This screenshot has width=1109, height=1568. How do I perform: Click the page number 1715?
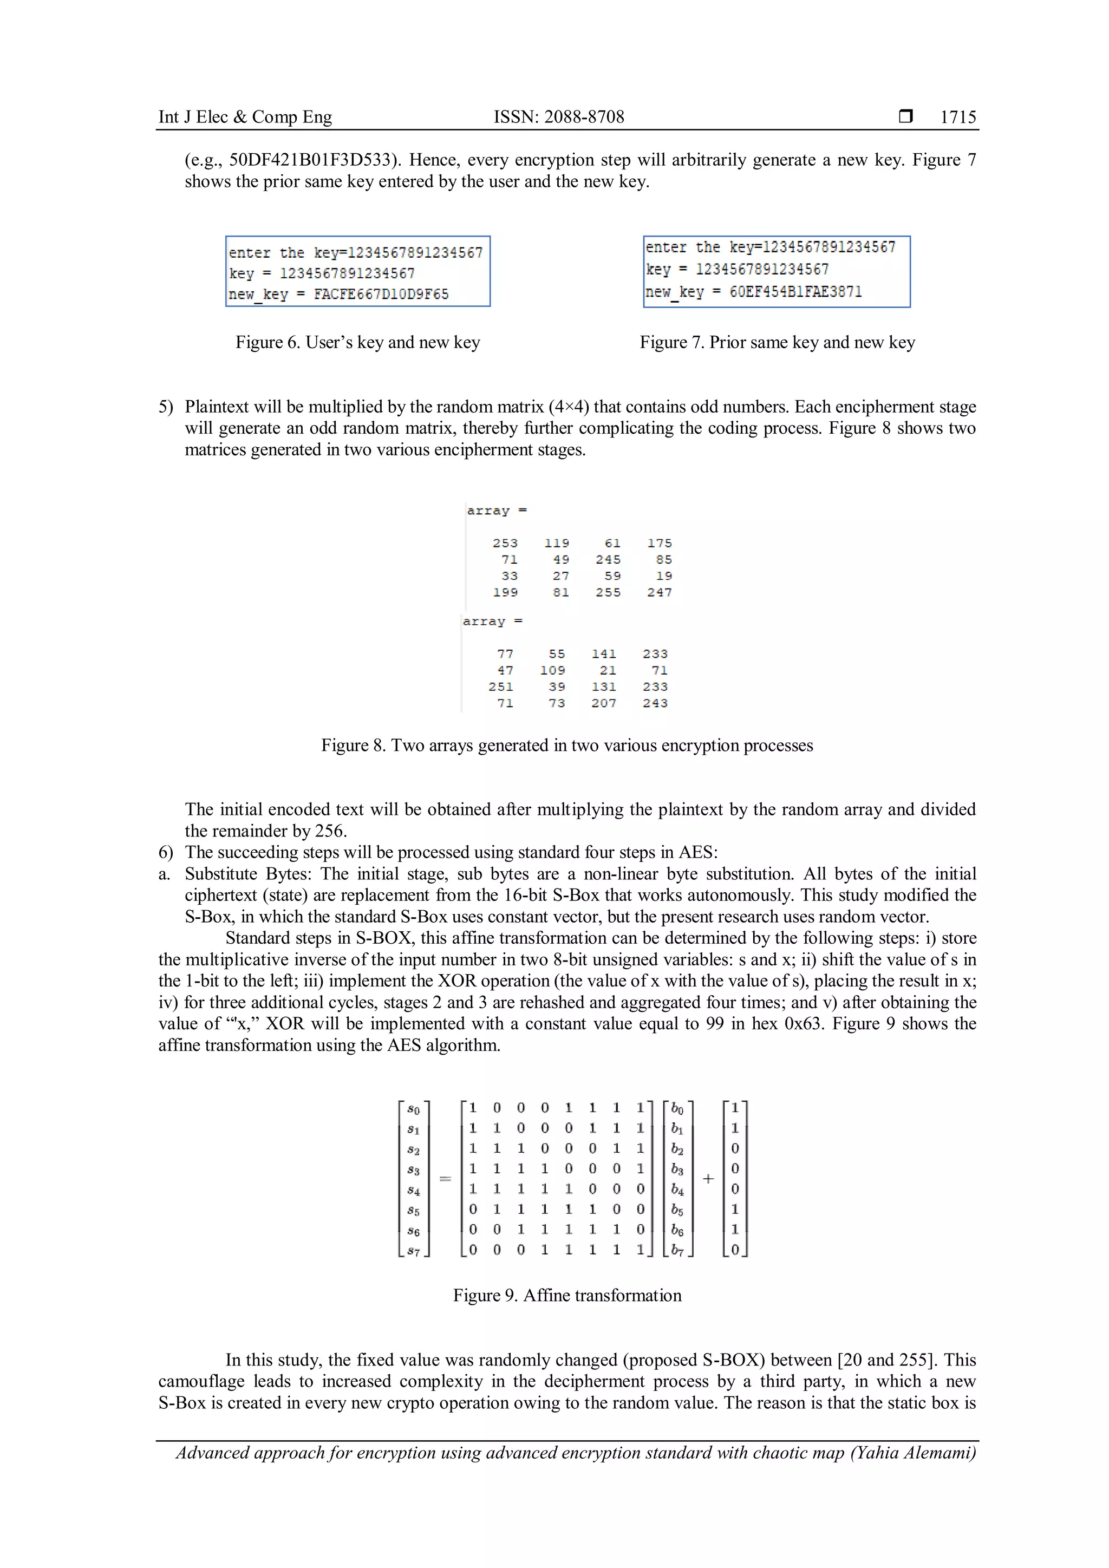[957, 117]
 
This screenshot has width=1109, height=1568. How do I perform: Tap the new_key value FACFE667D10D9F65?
[381, 295]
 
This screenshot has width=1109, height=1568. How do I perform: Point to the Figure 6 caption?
[358, 342]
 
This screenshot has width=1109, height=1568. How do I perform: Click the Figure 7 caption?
[777, 342]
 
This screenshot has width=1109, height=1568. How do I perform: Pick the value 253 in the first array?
[505, 543]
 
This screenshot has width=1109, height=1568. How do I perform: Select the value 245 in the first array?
[608, 559]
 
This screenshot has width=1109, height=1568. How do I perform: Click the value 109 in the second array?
[552, 670]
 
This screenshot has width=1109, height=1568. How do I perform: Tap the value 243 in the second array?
[655, 703]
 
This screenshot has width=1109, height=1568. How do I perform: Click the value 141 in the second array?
[604, 654]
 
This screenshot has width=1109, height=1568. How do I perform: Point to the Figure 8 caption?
[567, 745]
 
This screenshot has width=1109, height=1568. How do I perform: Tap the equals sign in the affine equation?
[445, 1179]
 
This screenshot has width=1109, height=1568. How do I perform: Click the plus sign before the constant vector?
[708, 1179]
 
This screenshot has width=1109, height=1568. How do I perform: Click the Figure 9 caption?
[567, 1296]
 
